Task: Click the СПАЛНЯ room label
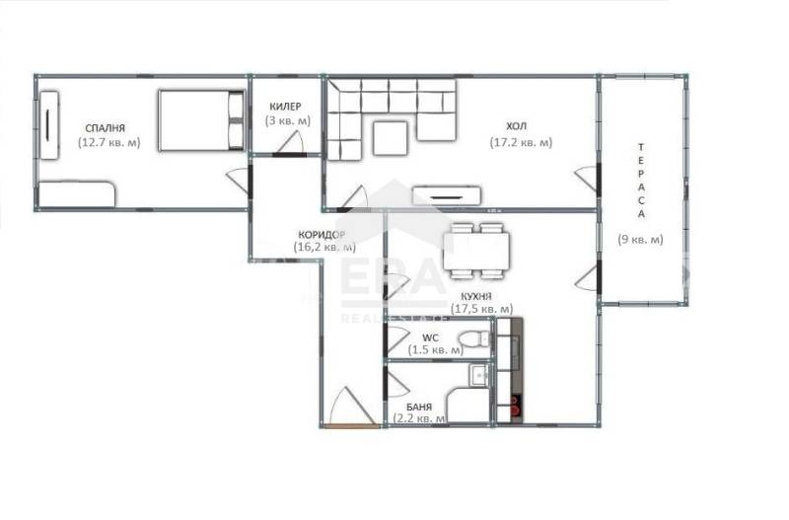click(106, 127)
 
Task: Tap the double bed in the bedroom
click(201, 120)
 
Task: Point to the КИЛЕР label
click(284, 107)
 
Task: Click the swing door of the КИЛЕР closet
click(290, 144)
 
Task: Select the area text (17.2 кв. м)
click(520, 142)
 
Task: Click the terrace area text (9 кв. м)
click(640, 239)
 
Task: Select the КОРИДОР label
click(322, 235)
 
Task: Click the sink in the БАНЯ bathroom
click(477, 374)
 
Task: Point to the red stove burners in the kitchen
click(513, 406)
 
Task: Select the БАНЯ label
click(419, 405)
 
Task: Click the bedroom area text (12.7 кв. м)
click(108, 142)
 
